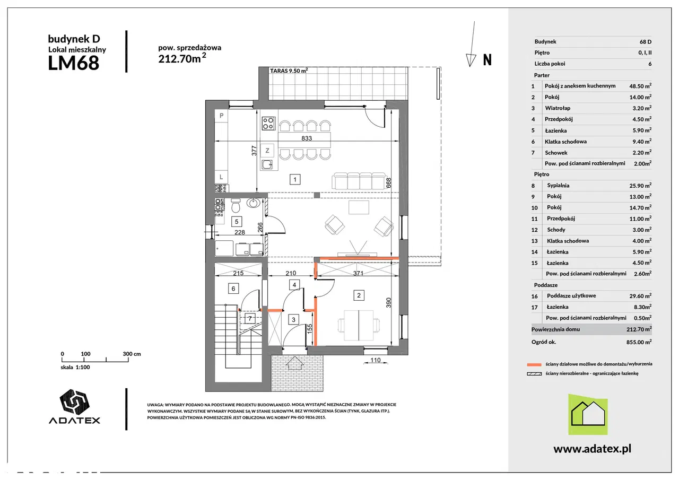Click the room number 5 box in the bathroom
237,222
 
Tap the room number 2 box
359,295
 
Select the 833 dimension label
307,138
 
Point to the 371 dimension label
358,273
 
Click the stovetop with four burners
268,124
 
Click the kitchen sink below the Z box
267,164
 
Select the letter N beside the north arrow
487,60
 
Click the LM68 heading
74,63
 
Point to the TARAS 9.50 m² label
289,71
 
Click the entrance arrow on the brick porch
295,363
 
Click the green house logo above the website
588,414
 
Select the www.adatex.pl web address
593,449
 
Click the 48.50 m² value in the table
640,86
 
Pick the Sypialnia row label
558,186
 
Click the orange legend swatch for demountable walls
534,364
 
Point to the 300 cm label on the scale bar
132,354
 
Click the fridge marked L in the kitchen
221,177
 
